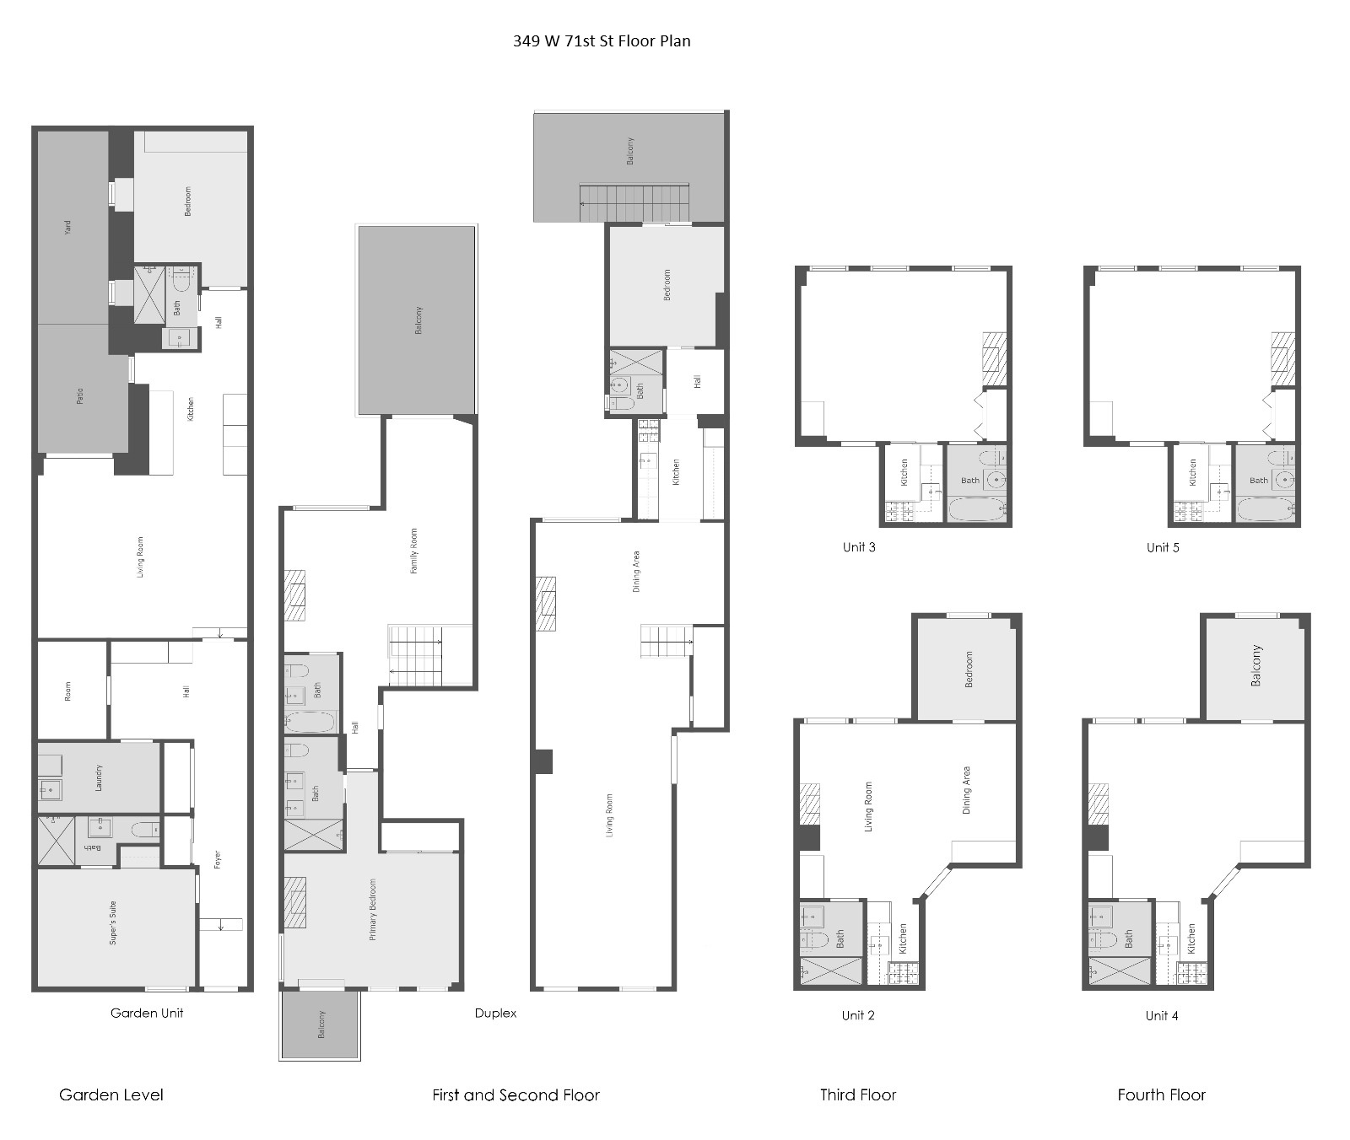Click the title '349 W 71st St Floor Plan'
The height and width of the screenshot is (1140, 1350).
[x=602, y=40]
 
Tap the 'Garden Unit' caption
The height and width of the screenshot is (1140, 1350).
[x=147, y=1013]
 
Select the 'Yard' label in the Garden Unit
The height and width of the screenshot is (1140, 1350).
[x=68, y=227]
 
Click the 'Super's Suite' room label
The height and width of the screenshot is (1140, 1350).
[x=113, y=922]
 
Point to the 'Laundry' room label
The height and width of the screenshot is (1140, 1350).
[x=99, y=777]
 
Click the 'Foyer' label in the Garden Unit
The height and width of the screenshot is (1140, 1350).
[x=218, y=860]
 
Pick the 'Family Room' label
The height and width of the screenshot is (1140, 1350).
[x=413, y=551]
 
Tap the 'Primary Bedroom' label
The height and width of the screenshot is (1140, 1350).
[x=372, y=910]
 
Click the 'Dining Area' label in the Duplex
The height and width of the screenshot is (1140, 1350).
[x=636, y=572]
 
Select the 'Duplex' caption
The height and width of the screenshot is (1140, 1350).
[x=495, y=1013]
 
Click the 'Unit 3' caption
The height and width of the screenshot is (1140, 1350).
[x=859, y=547]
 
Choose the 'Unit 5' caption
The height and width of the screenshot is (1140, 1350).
[x=1163, y=547]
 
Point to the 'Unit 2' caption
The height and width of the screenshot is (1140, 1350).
[x=858, y=1015]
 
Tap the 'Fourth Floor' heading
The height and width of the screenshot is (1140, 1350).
[x=1161, y=1095]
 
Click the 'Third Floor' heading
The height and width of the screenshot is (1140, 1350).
[x=858, y=1095]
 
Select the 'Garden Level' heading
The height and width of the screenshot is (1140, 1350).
[x=111, y=1095]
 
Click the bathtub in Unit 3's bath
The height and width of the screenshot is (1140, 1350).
[x=977, y=509]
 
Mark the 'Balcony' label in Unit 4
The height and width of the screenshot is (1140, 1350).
[x=1255, y=666]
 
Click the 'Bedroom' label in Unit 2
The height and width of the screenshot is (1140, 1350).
[x=969, y=669]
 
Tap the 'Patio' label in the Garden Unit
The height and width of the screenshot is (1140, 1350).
[x=80, y=395]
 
